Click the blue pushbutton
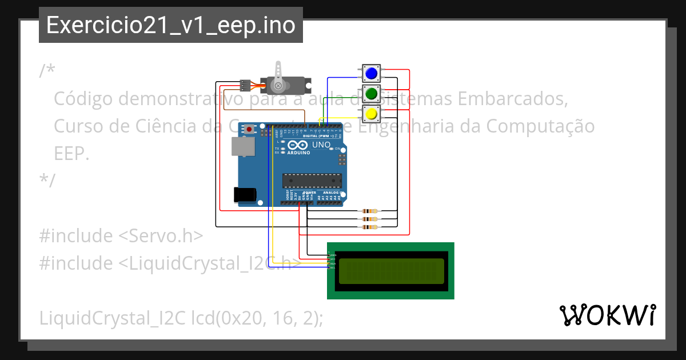pyautogui.click(x=371, y=73)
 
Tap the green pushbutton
pyautogui.click(x=371, y=93)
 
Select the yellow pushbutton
pyautogui.click(x=371, y=113)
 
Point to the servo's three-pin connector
pyautogui.click(x=245, y=86)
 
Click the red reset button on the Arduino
pyautogui.click(x=249, y=130)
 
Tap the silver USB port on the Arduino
pyautogui.click(x=243, y=147)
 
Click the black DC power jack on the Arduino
pyautogui.click(x=245, y=194)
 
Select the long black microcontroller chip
pyautogui.click(x=312, y=180)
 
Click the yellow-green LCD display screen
pyautogui.click(x=391, y=271)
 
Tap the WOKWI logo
pyautogui.click(x=607, y=315)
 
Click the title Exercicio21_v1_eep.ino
pyautogui.click(x=170, y=26)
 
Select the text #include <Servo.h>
pyautogui.click(x=121, y=235)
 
